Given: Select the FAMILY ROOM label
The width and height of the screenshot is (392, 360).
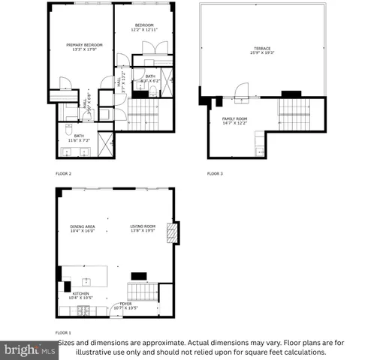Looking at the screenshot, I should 234,118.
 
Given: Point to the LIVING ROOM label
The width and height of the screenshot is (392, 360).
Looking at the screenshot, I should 143,226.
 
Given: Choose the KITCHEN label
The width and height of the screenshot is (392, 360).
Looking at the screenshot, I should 81,294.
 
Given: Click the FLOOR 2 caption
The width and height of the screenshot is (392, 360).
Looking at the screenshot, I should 64,173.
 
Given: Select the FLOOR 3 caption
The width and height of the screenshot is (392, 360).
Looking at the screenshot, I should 215,173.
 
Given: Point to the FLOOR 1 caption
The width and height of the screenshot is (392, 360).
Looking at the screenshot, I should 64,331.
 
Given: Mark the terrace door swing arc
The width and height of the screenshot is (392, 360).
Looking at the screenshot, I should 240,90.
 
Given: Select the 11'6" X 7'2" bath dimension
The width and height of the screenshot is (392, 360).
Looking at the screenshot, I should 79,140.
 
